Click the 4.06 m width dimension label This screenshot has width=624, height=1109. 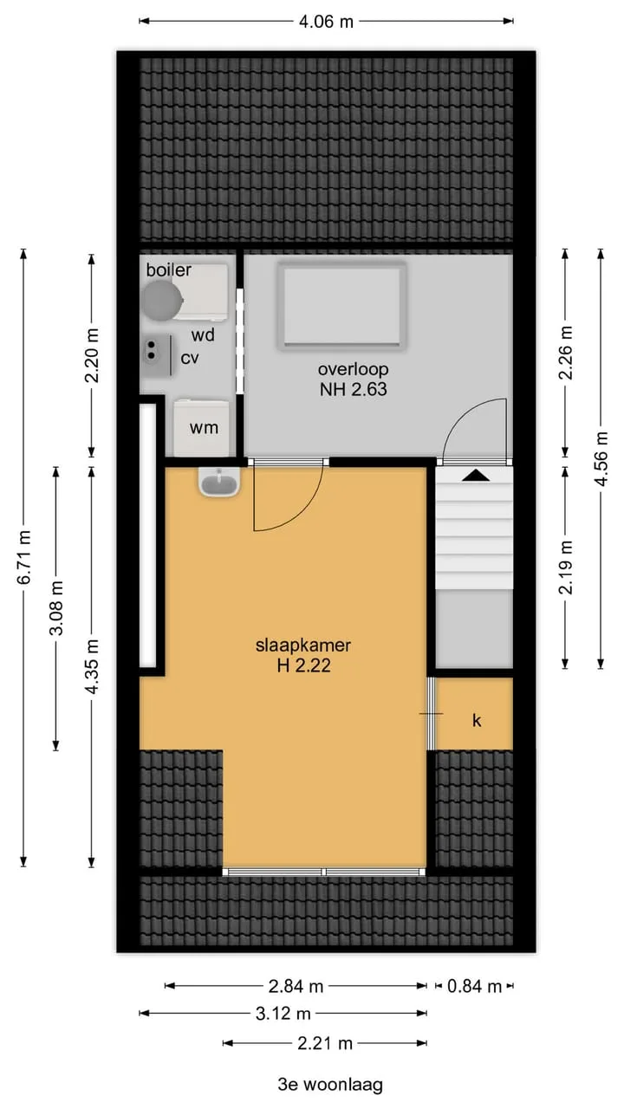(326, 22)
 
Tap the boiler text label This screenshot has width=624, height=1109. (168, 269)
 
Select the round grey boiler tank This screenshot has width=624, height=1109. (162, 299)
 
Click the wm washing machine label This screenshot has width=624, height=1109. (204, 428)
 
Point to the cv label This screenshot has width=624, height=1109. (190, 358)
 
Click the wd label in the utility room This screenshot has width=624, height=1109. (203, 335)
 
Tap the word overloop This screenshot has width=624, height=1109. (353, 370)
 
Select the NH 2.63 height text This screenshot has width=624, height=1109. (353, 390)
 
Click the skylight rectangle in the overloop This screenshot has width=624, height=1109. (342, 306)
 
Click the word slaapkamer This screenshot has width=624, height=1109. (303, 645)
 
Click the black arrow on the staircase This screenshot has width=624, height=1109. (476, 476)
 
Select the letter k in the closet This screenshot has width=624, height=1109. (477, 720)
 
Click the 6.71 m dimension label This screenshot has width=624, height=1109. (24, 557)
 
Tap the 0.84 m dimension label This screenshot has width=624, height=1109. (474, 987)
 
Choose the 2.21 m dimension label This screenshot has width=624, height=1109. (325, 1044)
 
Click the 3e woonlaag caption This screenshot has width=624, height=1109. (330, 1086)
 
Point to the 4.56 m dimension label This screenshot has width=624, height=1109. (601, 459)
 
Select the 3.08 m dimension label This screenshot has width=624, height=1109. (56, 608)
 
